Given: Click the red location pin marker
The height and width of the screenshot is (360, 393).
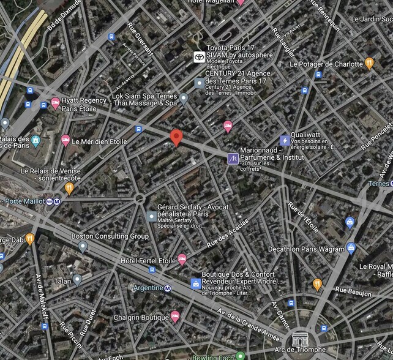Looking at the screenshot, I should click(x=176, y=138).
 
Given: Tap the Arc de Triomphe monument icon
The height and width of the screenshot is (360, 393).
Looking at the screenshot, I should click(x=300, y=339).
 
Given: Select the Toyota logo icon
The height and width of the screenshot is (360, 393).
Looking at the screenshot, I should click(x=198, y=56).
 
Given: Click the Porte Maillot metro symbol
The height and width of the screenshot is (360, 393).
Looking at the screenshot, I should click(x=57, y=201).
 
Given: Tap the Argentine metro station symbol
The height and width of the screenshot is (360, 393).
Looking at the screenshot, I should click(x=168, y=288).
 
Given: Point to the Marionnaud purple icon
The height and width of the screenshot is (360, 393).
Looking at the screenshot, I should click(x=233, y=159).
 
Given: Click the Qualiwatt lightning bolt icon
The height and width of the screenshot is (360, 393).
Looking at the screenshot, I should click(x=284, y=140).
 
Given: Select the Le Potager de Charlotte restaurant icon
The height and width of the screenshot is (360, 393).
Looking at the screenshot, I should click(x=369, y=63).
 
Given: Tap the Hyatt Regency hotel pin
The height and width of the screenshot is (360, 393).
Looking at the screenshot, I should click(x=55, y=103).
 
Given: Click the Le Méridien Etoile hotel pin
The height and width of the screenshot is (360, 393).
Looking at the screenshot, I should click(x=65, y=141).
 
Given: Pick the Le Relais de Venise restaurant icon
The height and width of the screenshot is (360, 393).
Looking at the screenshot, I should click(x=69, y=188).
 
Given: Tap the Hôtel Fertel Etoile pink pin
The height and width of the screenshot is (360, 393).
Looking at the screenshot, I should click(x=182, y=260).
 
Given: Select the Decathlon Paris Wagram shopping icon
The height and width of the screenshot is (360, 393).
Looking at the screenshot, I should click(x=351, y=249).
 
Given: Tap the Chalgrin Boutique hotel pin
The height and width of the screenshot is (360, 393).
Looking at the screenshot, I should click(x=174, y=317).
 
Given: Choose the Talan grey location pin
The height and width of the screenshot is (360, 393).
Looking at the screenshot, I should click(x=77, y=280).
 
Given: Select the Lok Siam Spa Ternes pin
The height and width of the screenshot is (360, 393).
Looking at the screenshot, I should click(x=184, y=98).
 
